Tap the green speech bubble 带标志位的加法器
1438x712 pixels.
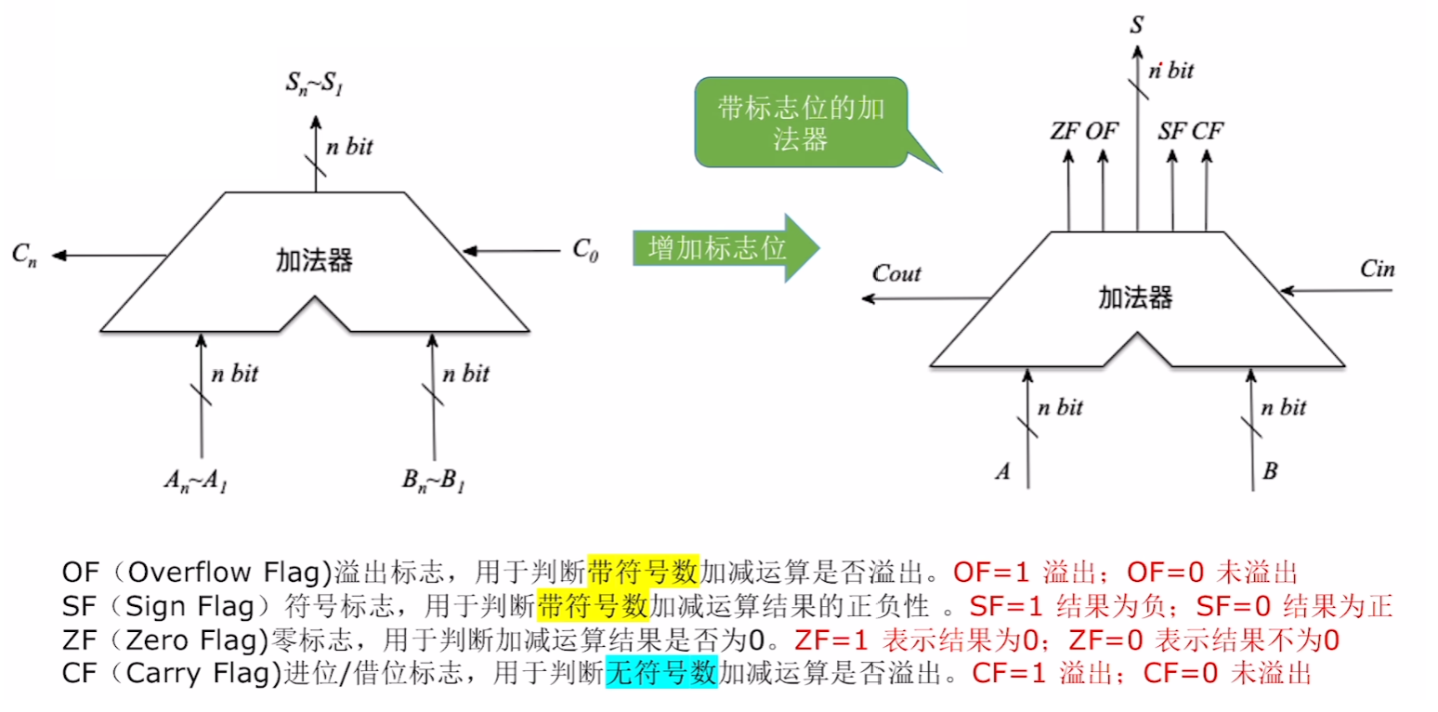(800, 123)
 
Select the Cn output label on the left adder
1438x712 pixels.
(25, 254)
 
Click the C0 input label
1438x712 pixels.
(584, 249)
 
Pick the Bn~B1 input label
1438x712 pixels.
(434, 479)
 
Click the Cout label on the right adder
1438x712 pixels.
(896, 273)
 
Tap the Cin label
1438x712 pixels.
(1377, 270)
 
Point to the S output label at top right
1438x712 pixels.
(1136, 23)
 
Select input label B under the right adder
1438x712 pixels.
(1270, 470)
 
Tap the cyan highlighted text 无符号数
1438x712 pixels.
(661, 670)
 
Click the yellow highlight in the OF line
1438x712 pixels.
(642, 570)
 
